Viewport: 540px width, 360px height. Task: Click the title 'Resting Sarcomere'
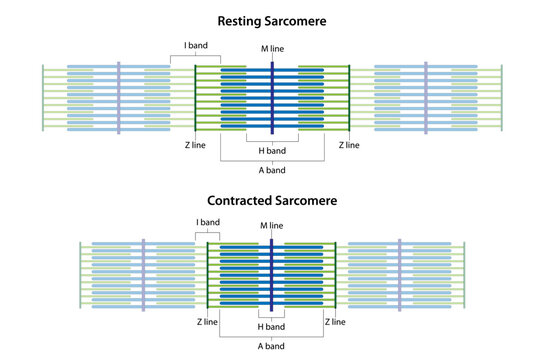coord(271,19)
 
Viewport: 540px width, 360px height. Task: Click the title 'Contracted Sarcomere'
coord(271,200)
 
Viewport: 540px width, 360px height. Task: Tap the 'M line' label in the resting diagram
coord(271,49)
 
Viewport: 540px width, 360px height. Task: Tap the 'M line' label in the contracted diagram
coord(271,225)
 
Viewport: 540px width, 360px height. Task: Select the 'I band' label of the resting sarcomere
coord(195,46)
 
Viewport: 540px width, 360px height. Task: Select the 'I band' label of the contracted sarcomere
coord(207,222)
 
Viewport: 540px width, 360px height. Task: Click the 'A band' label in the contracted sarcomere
coord(270,345)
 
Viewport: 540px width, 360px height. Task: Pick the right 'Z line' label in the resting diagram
coord(349,145)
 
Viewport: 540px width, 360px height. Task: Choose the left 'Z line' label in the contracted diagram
coord(207,322)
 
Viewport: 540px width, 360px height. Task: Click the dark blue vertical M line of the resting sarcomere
coord(272,99)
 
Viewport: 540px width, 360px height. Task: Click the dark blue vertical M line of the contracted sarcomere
coord(272,275)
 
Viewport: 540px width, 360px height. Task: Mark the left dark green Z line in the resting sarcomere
coord(195,99)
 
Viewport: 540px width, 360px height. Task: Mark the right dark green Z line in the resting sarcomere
coord(349,99)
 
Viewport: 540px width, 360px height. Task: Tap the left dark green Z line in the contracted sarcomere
coord(207,275)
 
